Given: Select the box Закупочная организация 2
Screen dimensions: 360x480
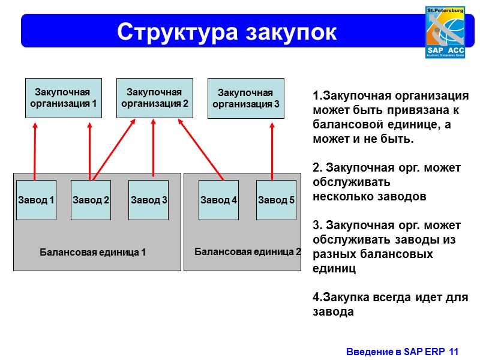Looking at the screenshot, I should (x=154, y=98).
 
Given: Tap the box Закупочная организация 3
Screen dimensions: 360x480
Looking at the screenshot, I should (x=245, y=98).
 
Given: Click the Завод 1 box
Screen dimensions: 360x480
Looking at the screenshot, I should (x=36, y=200).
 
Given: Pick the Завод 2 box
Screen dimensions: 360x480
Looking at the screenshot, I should (x=91, y=200).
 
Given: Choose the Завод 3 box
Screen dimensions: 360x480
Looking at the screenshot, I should (x=149, y=200).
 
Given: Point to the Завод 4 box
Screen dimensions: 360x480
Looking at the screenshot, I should (x=219, y=200).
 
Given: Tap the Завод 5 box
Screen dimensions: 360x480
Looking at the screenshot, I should (x=276, y=200).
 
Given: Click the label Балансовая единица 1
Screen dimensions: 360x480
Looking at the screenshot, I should (x=93, y=252).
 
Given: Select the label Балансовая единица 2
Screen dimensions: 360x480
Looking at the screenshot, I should (x=248, y=251).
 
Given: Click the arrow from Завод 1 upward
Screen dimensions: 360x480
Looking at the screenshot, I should (x=35, y=150).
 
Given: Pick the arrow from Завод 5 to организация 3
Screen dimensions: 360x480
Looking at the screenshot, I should (x=272, y=150).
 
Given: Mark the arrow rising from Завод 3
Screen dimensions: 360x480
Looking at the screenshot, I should (x=154, y=147).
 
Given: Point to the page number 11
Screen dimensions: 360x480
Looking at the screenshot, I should (x=453, y=351).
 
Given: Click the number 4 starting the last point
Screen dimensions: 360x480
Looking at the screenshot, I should (x=316, y=298).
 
